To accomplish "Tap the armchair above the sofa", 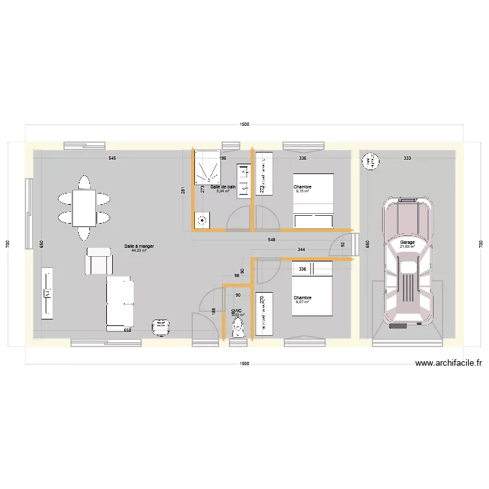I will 98,261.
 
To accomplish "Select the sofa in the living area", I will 120,301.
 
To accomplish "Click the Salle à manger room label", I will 139,246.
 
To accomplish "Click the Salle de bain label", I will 223,186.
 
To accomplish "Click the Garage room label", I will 407,242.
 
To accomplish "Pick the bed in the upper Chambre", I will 314,201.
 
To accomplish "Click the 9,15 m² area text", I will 303,192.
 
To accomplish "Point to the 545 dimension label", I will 112,158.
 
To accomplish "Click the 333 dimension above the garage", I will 407,158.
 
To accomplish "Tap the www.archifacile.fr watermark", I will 448,364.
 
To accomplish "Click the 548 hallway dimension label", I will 271,240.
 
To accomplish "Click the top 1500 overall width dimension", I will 244,124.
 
